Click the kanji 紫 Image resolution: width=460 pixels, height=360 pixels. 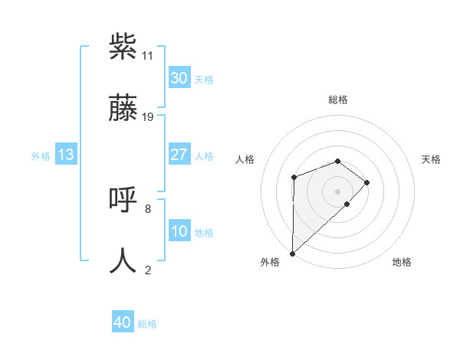123,47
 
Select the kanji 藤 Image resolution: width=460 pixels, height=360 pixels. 123,108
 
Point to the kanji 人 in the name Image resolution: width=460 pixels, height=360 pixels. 123,261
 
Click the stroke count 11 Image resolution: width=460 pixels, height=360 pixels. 148,56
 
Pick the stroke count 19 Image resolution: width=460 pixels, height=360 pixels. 148,117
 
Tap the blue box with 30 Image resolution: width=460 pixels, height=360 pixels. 179,78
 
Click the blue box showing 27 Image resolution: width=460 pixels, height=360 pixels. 179,155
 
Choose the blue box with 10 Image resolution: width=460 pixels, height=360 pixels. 179,231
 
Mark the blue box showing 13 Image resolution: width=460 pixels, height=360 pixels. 66,155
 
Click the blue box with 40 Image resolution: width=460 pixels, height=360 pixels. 123,322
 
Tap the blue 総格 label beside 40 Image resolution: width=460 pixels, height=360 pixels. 147,324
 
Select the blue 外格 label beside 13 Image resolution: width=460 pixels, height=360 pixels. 41,156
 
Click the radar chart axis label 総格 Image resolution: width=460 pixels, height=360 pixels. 338,100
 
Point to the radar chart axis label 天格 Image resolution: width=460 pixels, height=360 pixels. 431,159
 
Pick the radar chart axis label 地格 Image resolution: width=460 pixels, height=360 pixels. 402,262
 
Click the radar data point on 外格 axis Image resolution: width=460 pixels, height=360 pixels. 292,253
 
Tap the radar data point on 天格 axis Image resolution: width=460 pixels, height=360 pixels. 367,182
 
